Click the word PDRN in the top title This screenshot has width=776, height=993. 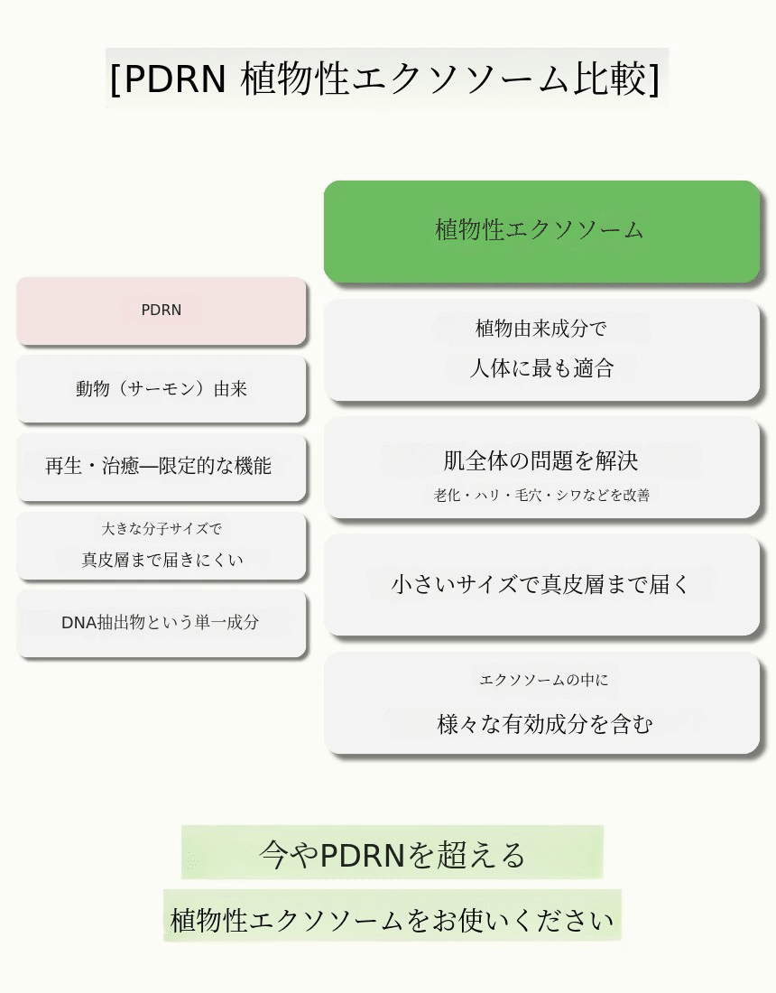(x=174, y=79)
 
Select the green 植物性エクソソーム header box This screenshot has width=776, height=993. (x=541, y=231)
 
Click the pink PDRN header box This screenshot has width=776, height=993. (x=162, y=311)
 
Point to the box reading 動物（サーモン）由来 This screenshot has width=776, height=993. (x=162, y=389)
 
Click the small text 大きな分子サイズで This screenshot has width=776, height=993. (x=162, y=529)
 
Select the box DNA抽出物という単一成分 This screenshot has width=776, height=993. (x=161, y=623)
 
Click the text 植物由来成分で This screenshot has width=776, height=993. (x=541, y=329)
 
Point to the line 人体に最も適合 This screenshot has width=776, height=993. (x=541, y=368)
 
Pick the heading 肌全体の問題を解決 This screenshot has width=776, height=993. (x=541, y=460)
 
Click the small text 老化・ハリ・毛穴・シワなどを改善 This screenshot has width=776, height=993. (x=541, y=495)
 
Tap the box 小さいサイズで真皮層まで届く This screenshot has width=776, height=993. (x=541, y=585)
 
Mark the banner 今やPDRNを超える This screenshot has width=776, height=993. (x=392, y=853)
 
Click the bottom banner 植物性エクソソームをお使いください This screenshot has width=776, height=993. (x=392, y=919)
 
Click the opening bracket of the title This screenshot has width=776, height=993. (x=115, y=79)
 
